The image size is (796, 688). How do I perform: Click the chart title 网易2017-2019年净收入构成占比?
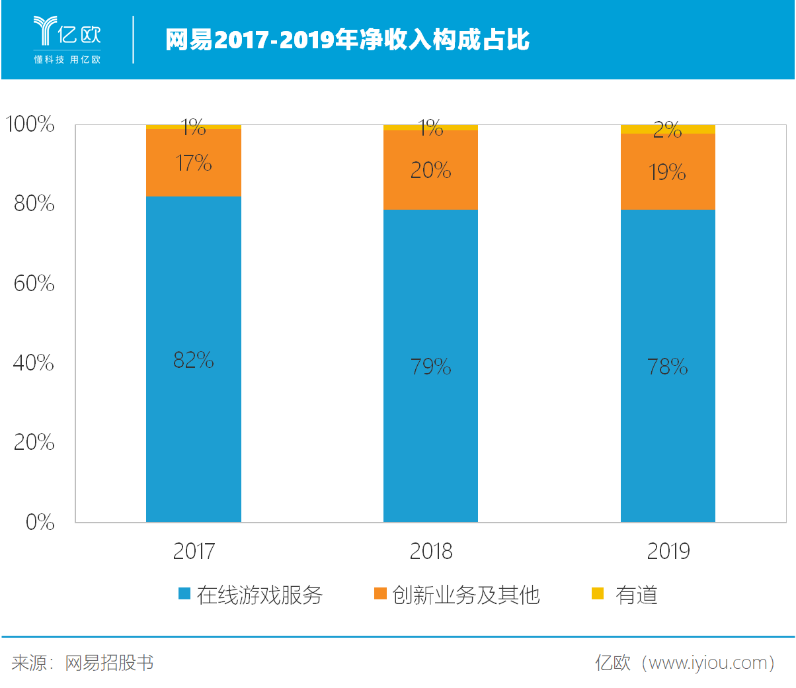pos(347,39)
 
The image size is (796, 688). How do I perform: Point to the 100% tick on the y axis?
pos(30,124)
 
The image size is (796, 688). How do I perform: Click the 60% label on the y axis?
pos(34,283)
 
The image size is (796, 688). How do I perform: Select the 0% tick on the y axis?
pos(40,522)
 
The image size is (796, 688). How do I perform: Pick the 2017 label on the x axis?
pos(194,551)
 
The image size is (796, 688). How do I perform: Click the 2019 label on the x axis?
pos(668,551)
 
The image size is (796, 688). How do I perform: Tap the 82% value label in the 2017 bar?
pos(193,360)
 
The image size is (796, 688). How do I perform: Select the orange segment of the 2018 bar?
pos(430,170)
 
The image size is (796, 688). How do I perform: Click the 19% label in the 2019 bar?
pos(667,172)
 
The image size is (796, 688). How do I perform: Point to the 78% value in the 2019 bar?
pos(667,366)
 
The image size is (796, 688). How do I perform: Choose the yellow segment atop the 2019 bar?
pos(668,129)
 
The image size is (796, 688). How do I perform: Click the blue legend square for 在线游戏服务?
pos(184,593)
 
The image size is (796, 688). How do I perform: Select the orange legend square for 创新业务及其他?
pos(380,593)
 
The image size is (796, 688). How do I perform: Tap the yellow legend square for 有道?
pos(597,593)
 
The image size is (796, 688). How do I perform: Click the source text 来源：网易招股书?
pos(83,663)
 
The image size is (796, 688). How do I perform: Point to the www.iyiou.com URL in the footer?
pos(707,663)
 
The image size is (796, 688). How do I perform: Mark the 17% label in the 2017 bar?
pos(193,163)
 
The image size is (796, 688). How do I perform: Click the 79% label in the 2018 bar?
pos(430,366)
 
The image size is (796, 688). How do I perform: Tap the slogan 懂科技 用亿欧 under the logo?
pos(67,60)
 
